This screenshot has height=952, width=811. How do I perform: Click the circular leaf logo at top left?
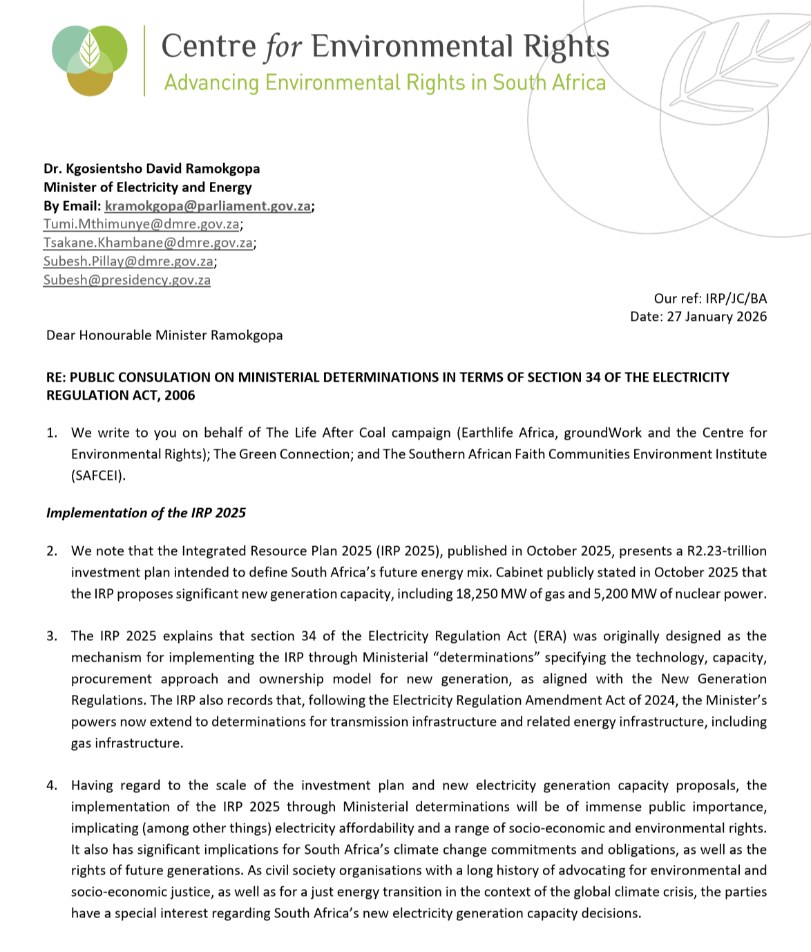click(90, 59)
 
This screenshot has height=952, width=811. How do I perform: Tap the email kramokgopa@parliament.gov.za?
click(207, 206)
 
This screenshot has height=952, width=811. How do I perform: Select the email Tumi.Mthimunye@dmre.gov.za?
click(142, 224)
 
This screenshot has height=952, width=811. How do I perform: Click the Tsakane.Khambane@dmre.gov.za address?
click(148, 243)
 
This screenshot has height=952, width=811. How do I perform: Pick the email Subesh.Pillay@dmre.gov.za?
click(128, 261)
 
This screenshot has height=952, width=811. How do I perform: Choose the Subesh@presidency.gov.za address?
click(127, 280)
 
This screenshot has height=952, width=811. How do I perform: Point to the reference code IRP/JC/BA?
click(736, 299)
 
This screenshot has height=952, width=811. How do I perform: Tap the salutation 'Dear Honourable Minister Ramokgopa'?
click(164, 335)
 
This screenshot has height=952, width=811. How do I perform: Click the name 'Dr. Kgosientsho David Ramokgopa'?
click(152, 169)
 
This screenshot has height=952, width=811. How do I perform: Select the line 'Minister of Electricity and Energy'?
click(148, 187)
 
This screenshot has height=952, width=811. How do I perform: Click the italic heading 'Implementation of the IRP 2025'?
click(146, 513)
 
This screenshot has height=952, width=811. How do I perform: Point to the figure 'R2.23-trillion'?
click(726, 551)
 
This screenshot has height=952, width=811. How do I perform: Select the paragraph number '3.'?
click(52, 636)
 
